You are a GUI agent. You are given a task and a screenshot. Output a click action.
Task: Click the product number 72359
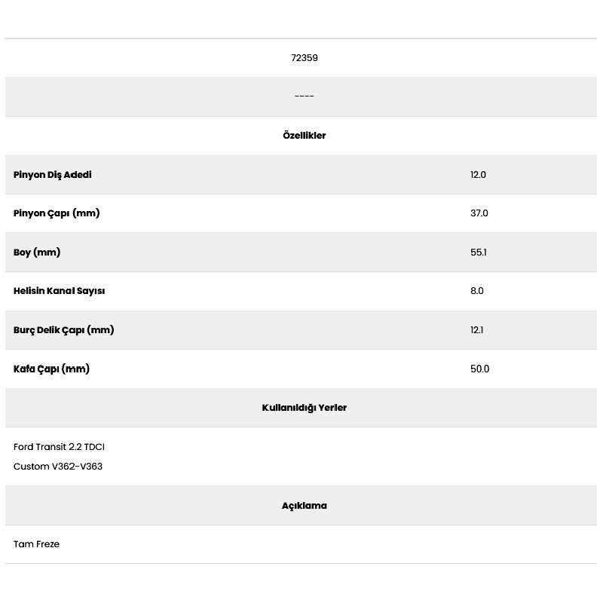point(304,58)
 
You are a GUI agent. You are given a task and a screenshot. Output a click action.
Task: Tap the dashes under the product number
point(304,96)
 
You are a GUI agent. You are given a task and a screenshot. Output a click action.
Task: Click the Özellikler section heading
point(304,136)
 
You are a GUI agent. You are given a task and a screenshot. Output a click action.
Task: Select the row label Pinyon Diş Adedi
point(53,175)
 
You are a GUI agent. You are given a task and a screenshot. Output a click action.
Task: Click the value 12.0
point(478,175)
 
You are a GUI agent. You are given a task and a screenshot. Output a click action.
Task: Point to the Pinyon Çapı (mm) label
point(57,213)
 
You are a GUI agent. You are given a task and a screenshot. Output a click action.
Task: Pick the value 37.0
point(479,213)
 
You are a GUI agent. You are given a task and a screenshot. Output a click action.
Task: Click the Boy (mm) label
point(37,253)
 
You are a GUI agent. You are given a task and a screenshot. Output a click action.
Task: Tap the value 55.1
point(478,253)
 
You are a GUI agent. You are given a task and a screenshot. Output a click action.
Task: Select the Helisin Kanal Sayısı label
point(59,291)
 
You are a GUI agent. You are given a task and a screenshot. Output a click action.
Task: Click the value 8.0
point(476,291)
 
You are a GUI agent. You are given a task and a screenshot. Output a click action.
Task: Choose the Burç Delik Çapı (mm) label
point(63,330)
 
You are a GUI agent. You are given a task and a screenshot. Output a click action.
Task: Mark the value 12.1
point(476,330)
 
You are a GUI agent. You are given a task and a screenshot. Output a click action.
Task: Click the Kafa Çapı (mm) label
point(51,369)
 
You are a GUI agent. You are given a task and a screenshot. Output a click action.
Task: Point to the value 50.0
point(479,369)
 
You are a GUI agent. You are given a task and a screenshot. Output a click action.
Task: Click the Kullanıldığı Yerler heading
point(304,408)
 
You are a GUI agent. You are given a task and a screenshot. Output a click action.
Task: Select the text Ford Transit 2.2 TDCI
point(59,447)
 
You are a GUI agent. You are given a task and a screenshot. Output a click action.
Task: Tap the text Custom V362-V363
point(58,467)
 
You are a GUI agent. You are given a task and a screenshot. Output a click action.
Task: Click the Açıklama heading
point(304,506)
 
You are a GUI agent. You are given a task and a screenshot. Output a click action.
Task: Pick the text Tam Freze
point(36,544)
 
